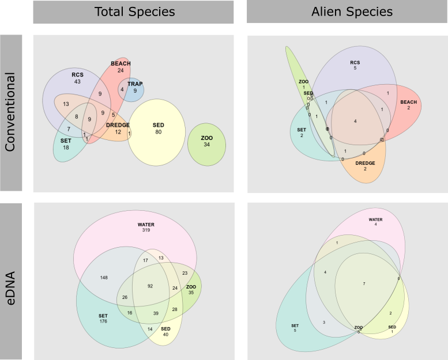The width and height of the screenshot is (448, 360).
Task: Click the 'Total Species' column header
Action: click(x=133, y=12)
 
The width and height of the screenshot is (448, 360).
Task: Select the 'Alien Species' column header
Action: click(x=347, y=12)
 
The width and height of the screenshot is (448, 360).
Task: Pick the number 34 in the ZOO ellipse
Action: click(x=207, y=145)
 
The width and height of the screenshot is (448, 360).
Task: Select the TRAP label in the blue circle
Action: click(x=135, y=84)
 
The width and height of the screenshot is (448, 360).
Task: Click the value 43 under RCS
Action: click(x=77, y=82)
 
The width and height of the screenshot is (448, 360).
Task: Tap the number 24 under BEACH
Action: click(x=121, y=71)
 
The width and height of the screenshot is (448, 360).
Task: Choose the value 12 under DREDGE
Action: click(x=118, y=132)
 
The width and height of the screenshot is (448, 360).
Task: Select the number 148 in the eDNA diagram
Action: click(x=104, y=278)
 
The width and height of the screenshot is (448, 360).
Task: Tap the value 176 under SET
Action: click(x=103, y=322)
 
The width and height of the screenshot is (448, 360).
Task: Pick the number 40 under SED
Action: click(x=165, y=335)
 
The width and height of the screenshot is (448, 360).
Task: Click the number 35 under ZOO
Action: click(x=191, y=292)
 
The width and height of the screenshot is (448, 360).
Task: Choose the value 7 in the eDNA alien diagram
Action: click(x=364, y=284)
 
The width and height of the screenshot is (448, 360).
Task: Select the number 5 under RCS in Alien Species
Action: click(x=355, y=68)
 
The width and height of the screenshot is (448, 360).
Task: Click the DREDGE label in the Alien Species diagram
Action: click(x=365, y=163)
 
